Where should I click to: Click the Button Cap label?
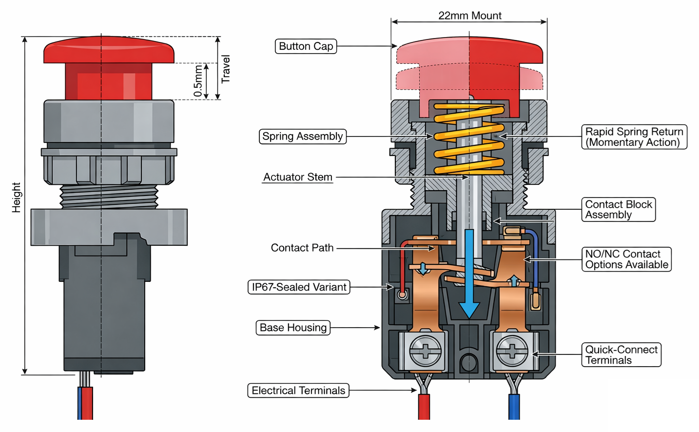(x=306, y=46)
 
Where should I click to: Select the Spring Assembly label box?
(x=302, y=137)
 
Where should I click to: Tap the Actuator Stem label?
(x=297, y=177)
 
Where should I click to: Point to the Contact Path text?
(x=302, y=248)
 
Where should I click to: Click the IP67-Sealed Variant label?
(x=299, y=287)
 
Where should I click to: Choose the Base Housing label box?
(x=293, y=328)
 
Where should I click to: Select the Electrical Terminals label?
(x=298, y=391)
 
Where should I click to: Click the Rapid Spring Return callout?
(x=634, y=137)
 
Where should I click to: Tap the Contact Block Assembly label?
(x=618, y=210)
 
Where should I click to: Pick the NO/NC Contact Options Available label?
(x=626, y=259)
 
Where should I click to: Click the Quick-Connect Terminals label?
(x=621, y=355)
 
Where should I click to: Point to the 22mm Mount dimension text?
(x=469, y=16)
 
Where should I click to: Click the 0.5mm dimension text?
(x=198, y=81)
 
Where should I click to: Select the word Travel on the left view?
(x=225, y=69)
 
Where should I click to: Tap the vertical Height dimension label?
(x=17, y=197)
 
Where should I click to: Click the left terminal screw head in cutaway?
(x=426, y=351)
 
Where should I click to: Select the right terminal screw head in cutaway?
(x=512, y=351)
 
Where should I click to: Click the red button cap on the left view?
(x=109, y=51)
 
